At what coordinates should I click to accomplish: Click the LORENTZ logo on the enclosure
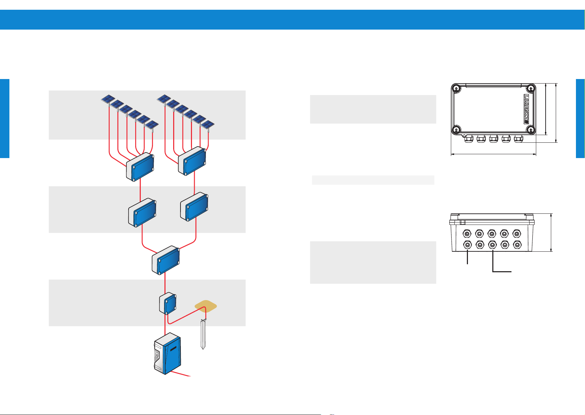click(526, 109)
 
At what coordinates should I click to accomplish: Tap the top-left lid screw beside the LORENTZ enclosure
click(456, 89)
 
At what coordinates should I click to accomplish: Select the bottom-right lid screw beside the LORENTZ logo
click(531, 130)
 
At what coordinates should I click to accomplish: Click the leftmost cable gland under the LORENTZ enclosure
click(469, 139)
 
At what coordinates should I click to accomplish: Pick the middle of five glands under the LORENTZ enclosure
click(494, 139)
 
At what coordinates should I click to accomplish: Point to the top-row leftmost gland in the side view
click(467, 233)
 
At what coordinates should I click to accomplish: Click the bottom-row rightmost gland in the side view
click(517, 245)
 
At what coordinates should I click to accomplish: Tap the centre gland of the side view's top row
click(492, 233)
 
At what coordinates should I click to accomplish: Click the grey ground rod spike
click(203, 334)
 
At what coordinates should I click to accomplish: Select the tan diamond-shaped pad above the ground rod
click(206, 306)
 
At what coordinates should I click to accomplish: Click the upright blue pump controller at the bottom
click(168, 354)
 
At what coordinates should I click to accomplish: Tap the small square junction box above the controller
click(168, 303)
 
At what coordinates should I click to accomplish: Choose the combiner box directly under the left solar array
click(140, 167)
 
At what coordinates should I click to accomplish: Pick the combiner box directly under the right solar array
click(192, 161)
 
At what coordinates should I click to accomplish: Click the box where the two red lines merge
click(166, 260)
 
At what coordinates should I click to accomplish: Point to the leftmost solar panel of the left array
click(108, 99)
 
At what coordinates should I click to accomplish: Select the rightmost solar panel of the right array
click(207, 125)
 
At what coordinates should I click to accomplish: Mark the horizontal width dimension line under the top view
click(494, 154)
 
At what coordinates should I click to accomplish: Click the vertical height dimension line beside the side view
click(551, 233)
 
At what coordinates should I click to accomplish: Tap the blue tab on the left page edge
click(5, 118)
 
